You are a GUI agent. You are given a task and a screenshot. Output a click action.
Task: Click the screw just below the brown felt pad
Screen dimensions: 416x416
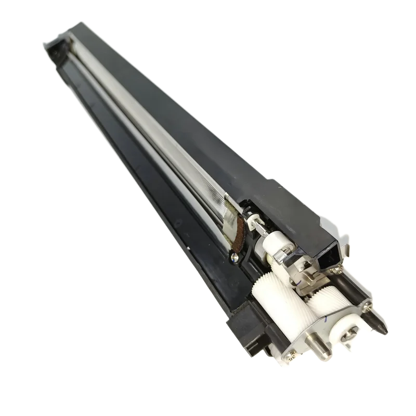click(x=235, y=254)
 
